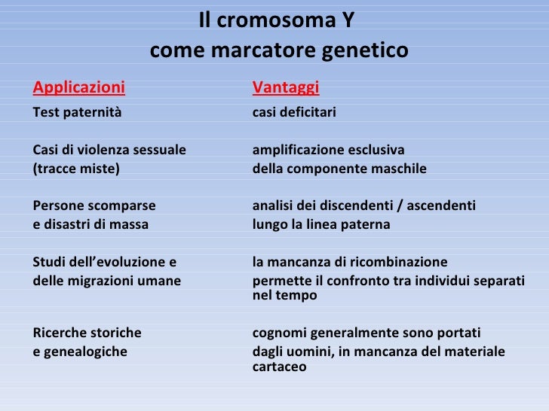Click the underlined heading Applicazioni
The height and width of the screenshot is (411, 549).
[79, 88]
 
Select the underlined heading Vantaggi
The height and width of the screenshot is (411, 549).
[286, 88]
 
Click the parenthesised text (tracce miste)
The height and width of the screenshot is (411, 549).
[76, 168]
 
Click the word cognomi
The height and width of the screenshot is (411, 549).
[278, 333]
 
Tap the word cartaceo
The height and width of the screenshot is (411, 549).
[279, 367]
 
